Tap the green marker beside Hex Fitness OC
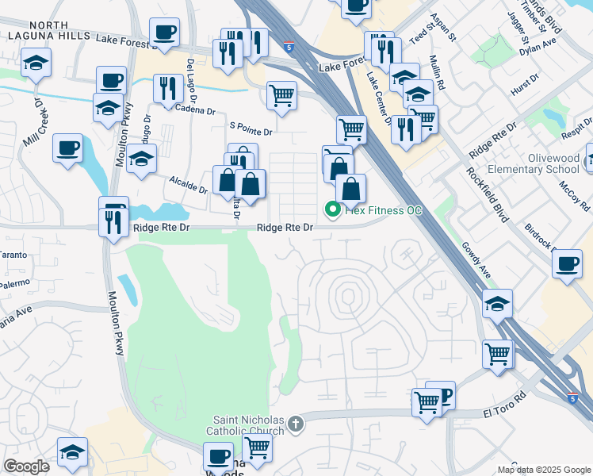(333, 209)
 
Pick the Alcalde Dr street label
(188, 185)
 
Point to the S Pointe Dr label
(251, 128)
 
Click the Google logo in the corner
(26, 466)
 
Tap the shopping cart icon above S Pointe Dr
(282, 96)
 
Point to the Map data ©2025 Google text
(543, 470)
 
